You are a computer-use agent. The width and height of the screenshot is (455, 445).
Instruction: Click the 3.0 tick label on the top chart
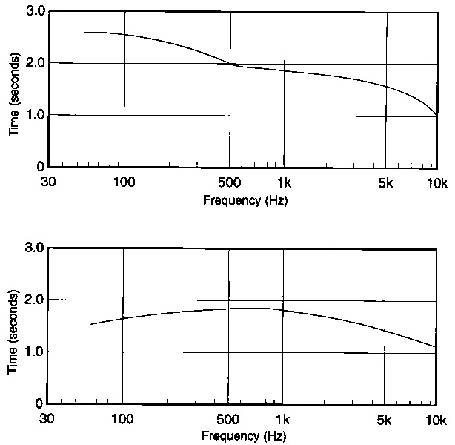[34, 12]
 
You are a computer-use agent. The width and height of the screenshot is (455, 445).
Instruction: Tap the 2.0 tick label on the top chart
[34, 64]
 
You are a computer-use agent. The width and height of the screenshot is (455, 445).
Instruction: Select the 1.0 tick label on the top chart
[34, 116]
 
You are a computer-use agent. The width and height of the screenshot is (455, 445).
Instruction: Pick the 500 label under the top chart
[229, 182]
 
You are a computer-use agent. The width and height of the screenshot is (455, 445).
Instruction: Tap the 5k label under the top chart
[385, 182]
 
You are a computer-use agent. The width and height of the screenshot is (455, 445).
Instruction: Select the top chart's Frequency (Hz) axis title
[245, 200]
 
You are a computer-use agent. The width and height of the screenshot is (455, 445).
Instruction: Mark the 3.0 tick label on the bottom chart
[34, 248]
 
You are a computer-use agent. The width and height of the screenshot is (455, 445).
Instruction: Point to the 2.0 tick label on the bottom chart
[34, 300]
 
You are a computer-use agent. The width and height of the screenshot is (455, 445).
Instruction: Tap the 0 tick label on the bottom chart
[41, 404]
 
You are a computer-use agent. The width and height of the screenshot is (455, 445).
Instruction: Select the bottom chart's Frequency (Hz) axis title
[245, 435]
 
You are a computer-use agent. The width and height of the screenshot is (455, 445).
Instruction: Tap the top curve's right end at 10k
[436, 116]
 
